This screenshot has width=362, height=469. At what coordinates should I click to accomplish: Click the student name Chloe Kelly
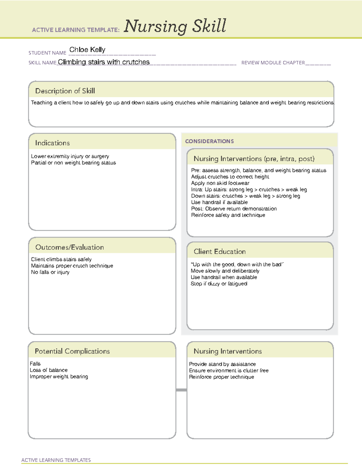point(87,50)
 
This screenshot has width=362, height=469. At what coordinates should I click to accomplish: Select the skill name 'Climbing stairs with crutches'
point(103,62)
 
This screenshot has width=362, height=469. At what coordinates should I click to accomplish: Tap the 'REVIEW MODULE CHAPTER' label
point(273,63)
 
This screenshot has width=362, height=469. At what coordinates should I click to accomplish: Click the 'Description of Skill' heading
point(65,91)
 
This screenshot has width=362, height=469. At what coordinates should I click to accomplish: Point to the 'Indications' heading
point(52,143)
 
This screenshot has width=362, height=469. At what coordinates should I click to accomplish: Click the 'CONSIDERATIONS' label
point(209,141)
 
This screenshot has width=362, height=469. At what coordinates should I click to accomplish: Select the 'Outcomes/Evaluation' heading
point(69,247)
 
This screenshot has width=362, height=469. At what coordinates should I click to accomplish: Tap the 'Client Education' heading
point(220,252)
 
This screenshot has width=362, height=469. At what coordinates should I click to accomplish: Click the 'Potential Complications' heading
point(72,351)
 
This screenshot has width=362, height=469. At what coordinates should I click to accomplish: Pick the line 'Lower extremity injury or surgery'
point(70,156)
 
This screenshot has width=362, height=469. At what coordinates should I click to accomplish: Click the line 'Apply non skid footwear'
point(220,183)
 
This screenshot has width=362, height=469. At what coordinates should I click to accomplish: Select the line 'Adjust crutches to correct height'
point(230,177)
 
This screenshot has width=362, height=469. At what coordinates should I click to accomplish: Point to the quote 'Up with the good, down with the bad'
point(237,265)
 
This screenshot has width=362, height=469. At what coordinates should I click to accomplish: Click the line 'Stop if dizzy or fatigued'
point(219,284)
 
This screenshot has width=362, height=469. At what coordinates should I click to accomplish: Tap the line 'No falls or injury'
point(50,272)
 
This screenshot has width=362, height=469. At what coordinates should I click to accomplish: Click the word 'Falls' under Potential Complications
point(35,364)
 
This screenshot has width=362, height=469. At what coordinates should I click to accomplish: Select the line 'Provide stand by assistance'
point(222,364)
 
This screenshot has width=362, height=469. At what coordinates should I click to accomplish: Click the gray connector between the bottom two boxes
point(181,390)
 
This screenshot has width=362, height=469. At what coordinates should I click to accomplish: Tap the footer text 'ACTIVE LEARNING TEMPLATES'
point(56,460)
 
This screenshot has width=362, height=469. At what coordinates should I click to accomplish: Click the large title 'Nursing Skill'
point(175,26)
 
